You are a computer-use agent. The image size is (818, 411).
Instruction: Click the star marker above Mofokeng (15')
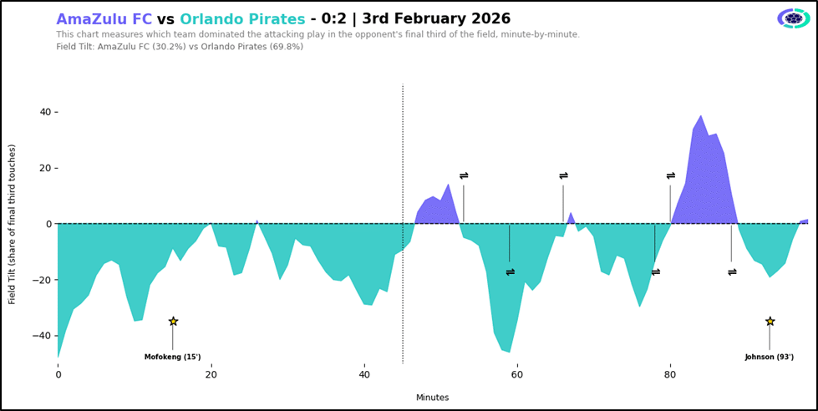point(173,322)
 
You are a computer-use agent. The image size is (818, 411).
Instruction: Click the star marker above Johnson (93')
point(770,322)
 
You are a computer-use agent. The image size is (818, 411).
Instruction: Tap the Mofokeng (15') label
point(173,357)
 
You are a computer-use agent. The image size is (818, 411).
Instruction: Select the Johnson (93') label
point(770,357)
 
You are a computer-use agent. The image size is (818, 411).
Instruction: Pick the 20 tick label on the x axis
point(211,375)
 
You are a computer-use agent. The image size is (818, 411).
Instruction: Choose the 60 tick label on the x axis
point(517,375)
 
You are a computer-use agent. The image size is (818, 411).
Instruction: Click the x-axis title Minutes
point(433,398)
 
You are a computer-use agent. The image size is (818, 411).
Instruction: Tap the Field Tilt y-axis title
point(13,224)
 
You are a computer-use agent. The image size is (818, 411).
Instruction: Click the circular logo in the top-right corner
point(793,18)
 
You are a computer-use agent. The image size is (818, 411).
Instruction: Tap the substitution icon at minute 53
point(464,176)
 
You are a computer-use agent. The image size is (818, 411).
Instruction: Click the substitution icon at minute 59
point(510,272)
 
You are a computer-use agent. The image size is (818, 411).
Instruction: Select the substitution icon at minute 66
point(563,176)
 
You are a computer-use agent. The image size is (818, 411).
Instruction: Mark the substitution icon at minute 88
point(732,272)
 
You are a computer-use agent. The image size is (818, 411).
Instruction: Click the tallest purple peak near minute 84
point(700,117)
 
